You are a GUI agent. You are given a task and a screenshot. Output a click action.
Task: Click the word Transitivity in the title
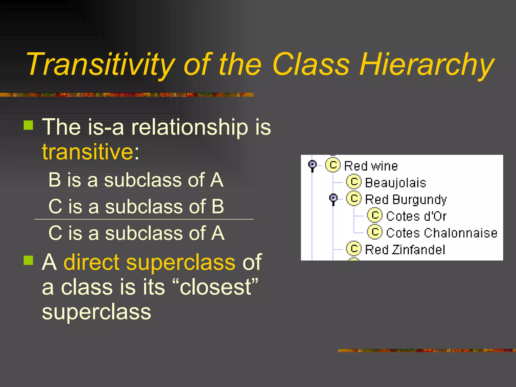coord(101,64)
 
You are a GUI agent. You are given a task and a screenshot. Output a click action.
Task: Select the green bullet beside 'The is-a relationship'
coord(28,125)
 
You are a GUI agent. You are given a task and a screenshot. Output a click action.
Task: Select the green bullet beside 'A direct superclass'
coord(28,261)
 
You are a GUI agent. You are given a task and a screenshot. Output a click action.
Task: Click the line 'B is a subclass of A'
coord(136,180)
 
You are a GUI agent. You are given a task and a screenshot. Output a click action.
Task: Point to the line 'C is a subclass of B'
coord(136,206)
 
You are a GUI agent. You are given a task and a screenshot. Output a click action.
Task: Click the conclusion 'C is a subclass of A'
coord(136,233)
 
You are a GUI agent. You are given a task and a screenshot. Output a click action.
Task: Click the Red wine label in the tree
coord(371,166)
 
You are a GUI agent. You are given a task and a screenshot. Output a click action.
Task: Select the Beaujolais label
coord(395,183)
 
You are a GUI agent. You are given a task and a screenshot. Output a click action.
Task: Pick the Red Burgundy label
coord(406,199)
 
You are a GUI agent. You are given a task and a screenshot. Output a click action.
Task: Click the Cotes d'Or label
coord(416,216)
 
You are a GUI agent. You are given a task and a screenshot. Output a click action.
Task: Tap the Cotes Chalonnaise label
coord(442,233)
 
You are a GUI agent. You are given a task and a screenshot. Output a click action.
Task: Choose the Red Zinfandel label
coord(405,250)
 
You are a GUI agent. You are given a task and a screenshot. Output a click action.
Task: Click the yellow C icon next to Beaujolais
coord(354,182)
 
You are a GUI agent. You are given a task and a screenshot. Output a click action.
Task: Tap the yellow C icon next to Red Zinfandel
coord(354,249)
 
